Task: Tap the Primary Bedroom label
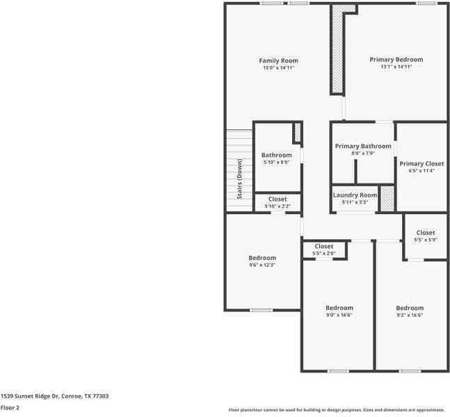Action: tap(396, 60)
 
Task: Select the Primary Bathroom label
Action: tap(363, 146)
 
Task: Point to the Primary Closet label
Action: tap(421, 163)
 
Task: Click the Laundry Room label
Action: tap(355, 195)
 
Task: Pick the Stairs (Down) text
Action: tap(240, 179)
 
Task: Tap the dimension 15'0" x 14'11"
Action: tap(278, 68)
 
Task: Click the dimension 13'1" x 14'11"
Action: tap(396, 67)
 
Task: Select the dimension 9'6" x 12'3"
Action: tap(262, 265)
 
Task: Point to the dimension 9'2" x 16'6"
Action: tap(410, 315)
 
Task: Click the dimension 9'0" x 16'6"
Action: tap(339, 315)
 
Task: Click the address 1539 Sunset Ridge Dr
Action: tap(54, 395)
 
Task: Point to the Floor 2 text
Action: tap(10, 407)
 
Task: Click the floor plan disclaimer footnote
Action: tap(337, 410)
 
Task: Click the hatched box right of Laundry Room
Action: tap(387, 199)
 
